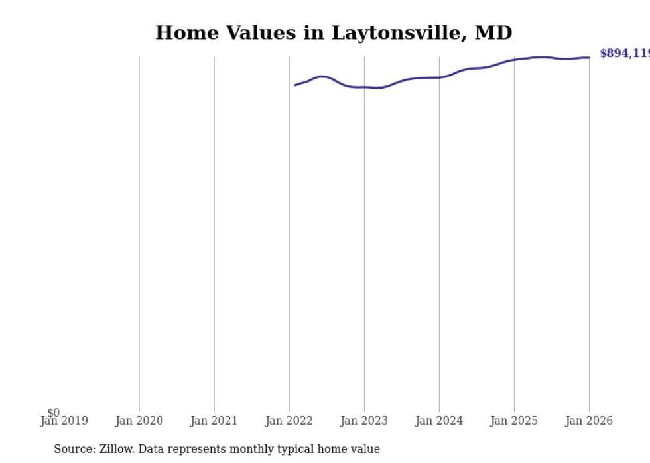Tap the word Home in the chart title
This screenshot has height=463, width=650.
tap(182, 32)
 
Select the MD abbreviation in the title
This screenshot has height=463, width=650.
tap(493, 32)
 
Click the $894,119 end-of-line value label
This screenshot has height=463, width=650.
tap(624, 54)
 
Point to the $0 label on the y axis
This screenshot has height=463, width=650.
tap(53, 413)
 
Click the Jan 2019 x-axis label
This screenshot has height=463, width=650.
tap(64, 421)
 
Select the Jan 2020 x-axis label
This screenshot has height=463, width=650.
tap(139, 421)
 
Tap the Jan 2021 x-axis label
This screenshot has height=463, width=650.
tap(214, 421)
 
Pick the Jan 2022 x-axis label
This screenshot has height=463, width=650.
tap(289, 421)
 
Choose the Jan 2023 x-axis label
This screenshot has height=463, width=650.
tap(364, 421)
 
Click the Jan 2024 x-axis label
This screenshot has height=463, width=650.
tap(439, 421)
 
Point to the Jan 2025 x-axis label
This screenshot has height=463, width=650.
tap(514, 421)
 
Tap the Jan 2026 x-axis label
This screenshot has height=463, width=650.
tap(589, 421)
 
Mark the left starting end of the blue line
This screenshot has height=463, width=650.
tap(295, 85)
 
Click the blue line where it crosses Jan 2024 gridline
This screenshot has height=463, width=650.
tap(439, 77)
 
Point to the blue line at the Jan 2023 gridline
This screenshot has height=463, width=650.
tap(364, 87)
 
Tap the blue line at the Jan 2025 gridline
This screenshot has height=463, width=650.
tap(514, 60)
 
